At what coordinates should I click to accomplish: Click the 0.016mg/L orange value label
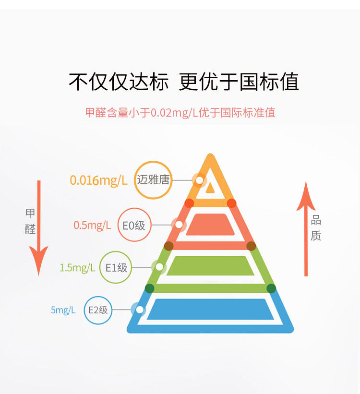point(98,180)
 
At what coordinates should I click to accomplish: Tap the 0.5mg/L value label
point(92,225)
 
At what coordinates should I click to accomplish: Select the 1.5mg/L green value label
point(77,267)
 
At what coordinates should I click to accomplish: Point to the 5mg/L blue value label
point(63,310)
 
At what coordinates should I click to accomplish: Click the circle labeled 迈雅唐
point(153,180)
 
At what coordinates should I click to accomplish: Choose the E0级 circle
point(134,225)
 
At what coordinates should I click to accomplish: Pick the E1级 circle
point(116,267)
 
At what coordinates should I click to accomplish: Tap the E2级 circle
point(97,310)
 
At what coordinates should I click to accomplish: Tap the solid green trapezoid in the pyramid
point(210,266)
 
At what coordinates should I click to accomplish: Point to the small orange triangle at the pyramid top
point(210,188)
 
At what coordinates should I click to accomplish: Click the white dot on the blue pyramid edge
point(140,310)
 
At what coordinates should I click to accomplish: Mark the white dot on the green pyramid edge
point(159,267)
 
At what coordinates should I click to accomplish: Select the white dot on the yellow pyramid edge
point(199,180)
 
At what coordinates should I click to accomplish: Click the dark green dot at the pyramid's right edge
point(271,288)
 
